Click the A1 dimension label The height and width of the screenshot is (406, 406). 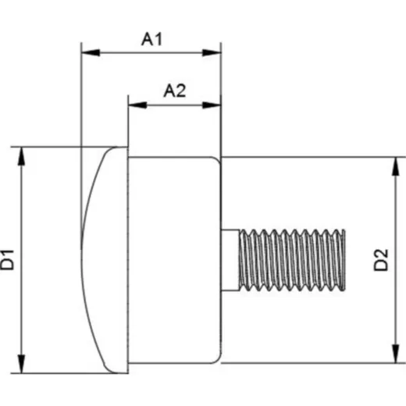tap(151, 39)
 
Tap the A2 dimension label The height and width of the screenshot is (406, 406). tap(175, 91)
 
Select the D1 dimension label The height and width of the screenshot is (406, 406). tap(7, 259)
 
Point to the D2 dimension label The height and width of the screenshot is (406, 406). tap(381, 260)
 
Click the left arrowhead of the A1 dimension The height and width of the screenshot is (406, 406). tap(91, 52)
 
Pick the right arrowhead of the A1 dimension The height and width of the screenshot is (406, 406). tap(212, 52)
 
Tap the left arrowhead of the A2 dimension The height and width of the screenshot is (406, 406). tap(137, 105)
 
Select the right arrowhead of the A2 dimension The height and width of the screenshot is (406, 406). tap(212, 105)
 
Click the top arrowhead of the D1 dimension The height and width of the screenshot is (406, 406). tap(22, 156)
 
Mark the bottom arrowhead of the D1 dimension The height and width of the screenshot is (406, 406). tap(22, 364)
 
